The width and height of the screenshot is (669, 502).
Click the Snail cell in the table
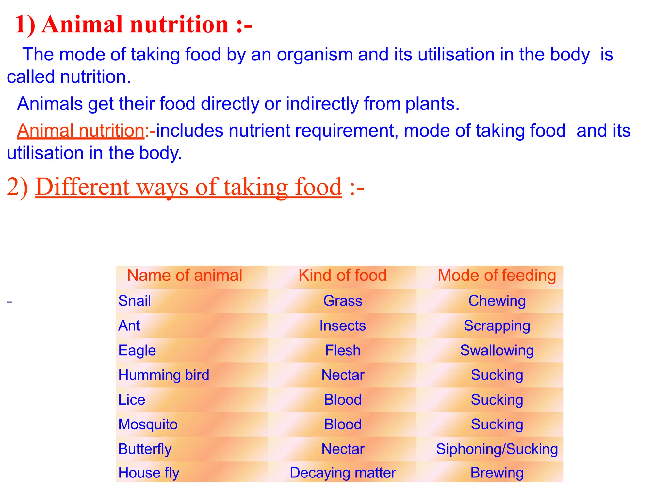click(135, 301)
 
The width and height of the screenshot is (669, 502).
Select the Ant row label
click(129, 326)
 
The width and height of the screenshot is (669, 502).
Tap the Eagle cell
click(137, 350)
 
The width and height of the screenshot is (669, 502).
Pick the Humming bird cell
click(164, 375)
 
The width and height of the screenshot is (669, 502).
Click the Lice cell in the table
click(132, 400)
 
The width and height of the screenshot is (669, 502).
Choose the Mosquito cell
click(148, 424)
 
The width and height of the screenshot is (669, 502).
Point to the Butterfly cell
click(145, 449)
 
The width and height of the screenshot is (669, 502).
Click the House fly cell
click(149, 473)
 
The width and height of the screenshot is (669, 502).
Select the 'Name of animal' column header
click(185, 275)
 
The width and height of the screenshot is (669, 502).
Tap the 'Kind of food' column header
click(342, 275)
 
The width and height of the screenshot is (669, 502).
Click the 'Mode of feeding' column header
click(497, 275)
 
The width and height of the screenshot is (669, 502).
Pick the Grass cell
click(343, 301)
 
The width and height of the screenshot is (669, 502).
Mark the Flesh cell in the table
click(343, 350)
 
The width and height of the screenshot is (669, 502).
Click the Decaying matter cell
click(343, 473)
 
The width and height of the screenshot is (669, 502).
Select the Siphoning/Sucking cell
click(497, 449)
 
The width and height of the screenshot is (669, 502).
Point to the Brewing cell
click(497, 473)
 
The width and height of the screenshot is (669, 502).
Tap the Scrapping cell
click(497, 326)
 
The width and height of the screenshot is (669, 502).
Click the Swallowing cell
click(497, 350)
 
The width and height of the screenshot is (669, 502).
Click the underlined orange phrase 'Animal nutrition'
click(81, 131)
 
